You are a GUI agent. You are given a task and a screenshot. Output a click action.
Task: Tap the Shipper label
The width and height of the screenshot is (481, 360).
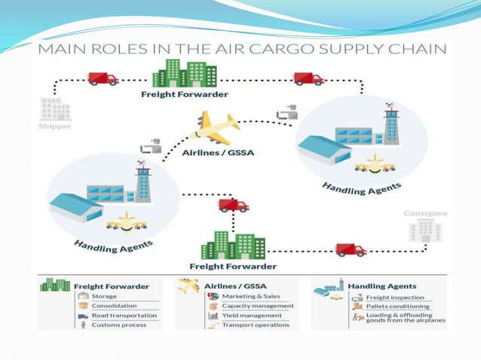[x=56, y=127]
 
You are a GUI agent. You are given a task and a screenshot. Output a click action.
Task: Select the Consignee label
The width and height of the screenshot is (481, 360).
[x=425, y=213]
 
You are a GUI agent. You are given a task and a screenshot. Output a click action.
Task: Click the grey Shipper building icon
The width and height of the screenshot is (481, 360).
[x=56, y=108]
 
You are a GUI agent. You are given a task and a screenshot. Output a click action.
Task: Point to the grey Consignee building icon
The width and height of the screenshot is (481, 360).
[x=426, y=230]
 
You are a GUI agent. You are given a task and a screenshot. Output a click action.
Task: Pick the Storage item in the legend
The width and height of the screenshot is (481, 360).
[x=104, y=296]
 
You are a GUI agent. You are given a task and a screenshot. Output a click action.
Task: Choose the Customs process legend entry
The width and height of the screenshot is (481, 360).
[x=118, y=325]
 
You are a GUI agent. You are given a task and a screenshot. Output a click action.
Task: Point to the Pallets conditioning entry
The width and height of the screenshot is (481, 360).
[x=398, y=306]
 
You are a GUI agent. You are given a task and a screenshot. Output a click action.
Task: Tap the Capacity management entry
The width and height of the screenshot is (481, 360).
[x=256, y=306]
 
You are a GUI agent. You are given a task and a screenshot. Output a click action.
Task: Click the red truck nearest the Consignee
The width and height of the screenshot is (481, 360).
[x=351, y=249]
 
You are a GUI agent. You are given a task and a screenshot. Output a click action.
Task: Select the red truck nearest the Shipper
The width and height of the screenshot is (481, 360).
[x=103, y=78]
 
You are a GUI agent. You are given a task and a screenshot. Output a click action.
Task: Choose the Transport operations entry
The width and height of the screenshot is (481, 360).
[x=255, y=325]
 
